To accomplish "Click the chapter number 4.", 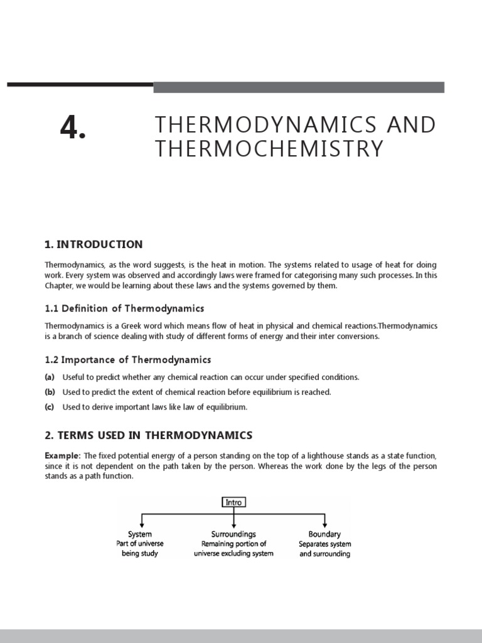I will [x=72, y=128].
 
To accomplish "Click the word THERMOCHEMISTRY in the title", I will [x=269, y=149].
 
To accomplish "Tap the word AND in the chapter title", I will [x=411, y=124].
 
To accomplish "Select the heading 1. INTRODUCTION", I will [x=94, y=244].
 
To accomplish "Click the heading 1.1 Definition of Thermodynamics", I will [x=124, y=308].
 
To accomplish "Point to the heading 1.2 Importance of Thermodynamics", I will [x=128, y=360].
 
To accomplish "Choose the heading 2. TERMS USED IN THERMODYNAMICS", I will [x=148, y=435].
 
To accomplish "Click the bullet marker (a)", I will [x=50, y=377].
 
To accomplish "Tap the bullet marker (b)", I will [x=50, y=392].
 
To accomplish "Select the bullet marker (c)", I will [x=50, y=408].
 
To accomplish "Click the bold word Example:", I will [x=63, y=455].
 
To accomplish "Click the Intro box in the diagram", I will [x=233, y=502].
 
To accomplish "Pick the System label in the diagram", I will [x=140, y=534].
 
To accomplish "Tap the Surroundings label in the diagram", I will [x=233, y=534].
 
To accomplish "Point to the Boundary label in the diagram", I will [x=324, y=534].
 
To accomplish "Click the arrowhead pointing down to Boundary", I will [x=325, y=526].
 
